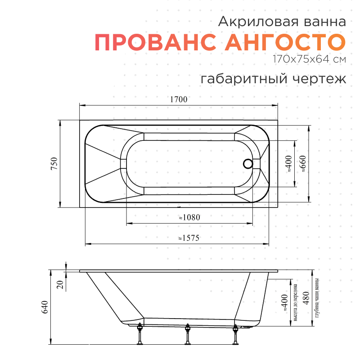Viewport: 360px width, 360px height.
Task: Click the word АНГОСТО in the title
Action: tap(285, 42)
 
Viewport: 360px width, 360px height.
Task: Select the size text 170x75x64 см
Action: tap(309, 59)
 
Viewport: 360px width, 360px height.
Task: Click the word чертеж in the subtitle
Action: tap(320, 79)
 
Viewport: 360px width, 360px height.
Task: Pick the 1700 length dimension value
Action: tap(179, 100)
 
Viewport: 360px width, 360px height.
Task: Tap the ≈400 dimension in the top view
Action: tap(289, 164)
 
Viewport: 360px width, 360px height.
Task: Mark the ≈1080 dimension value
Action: tap(189, 217)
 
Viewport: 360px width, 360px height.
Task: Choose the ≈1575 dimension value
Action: tap(189, 238)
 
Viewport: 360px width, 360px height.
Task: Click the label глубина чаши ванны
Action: tap(317, 298)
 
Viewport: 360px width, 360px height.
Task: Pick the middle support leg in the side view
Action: tap(187, 335)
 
